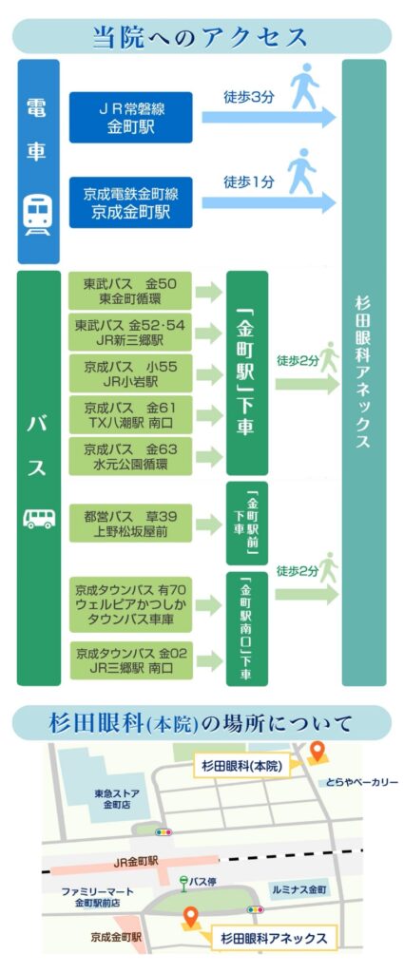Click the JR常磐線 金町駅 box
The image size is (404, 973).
tap(130, 117)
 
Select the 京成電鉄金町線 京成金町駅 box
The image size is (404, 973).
tap(130, 202)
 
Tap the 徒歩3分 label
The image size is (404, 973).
tap(249, 97)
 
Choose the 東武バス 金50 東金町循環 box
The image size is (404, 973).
tap(130, 291)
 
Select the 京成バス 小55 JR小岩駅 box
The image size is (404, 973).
tap(130, 373)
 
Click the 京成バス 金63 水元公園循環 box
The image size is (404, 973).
tap(130, 455)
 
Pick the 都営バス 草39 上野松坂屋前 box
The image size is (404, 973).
tap(130, 524)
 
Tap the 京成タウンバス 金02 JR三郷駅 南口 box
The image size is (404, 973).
tap(130, 659)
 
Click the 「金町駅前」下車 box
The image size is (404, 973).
tap(246, 524)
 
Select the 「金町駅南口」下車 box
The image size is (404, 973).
tap(246, 629)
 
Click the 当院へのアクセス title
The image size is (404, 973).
tap(202, 36)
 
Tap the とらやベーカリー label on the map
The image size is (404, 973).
tap(361, 783)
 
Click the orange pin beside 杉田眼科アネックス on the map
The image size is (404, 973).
tap(190, 917)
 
